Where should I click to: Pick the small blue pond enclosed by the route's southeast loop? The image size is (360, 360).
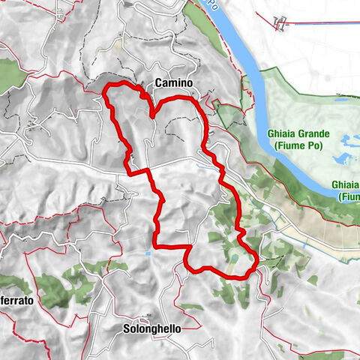233,258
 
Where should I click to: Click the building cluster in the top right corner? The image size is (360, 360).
280,23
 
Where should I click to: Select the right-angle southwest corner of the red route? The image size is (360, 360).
156,245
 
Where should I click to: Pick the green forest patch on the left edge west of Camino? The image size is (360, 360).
9,73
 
